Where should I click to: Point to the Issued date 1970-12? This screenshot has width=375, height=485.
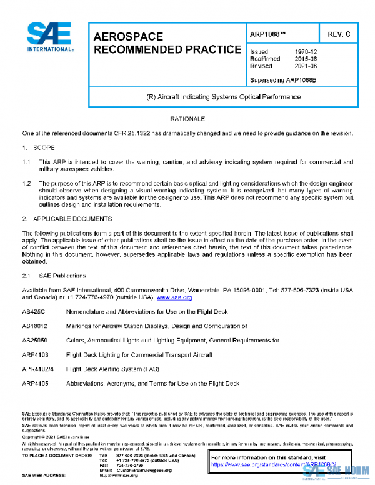click(306, 51)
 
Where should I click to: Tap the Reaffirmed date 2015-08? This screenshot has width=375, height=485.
click(306, 58)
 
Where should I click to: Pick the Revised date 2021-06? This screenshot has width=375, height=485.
click(306, 65)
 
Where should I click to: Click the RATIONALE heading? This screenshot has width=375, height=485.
click(187, 118)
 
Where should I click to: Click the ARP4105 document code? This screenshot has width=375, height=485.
click(36, 383)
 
